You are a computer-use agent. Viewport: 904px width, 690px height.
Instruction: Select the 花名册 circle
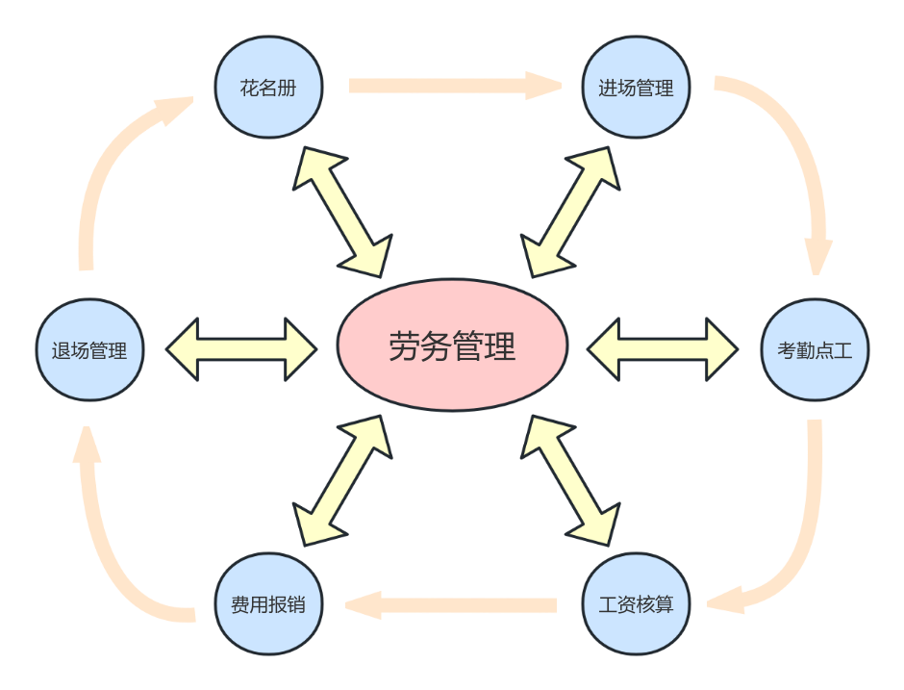[x=268, y=88]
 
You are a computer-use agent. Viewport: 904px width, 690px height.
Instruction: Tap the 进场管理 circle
[x=636, y=88]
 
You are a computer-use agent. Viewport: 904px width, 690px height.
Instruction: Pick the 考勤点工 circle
[x=814, y=349]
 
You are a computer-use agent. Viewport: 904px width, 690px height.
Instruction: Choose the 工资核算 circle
[x=636, y=605]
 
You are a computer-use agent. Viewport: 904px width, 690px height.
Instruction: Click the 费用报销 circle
[x=268, y=605]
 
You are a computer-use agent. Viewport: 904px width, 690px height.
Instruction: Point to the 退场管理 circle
[x=89, y=349]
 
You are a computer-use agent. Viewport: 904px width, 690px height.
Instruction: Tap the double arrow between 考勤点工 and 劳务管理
[x=662, y=348]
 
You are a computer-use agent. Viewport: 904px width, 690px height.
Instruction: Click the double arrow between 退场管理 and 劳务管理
[x=241, y=348]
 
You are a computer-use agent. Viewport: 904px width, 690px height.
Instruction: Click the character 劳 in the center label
[x=404, y=346]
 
